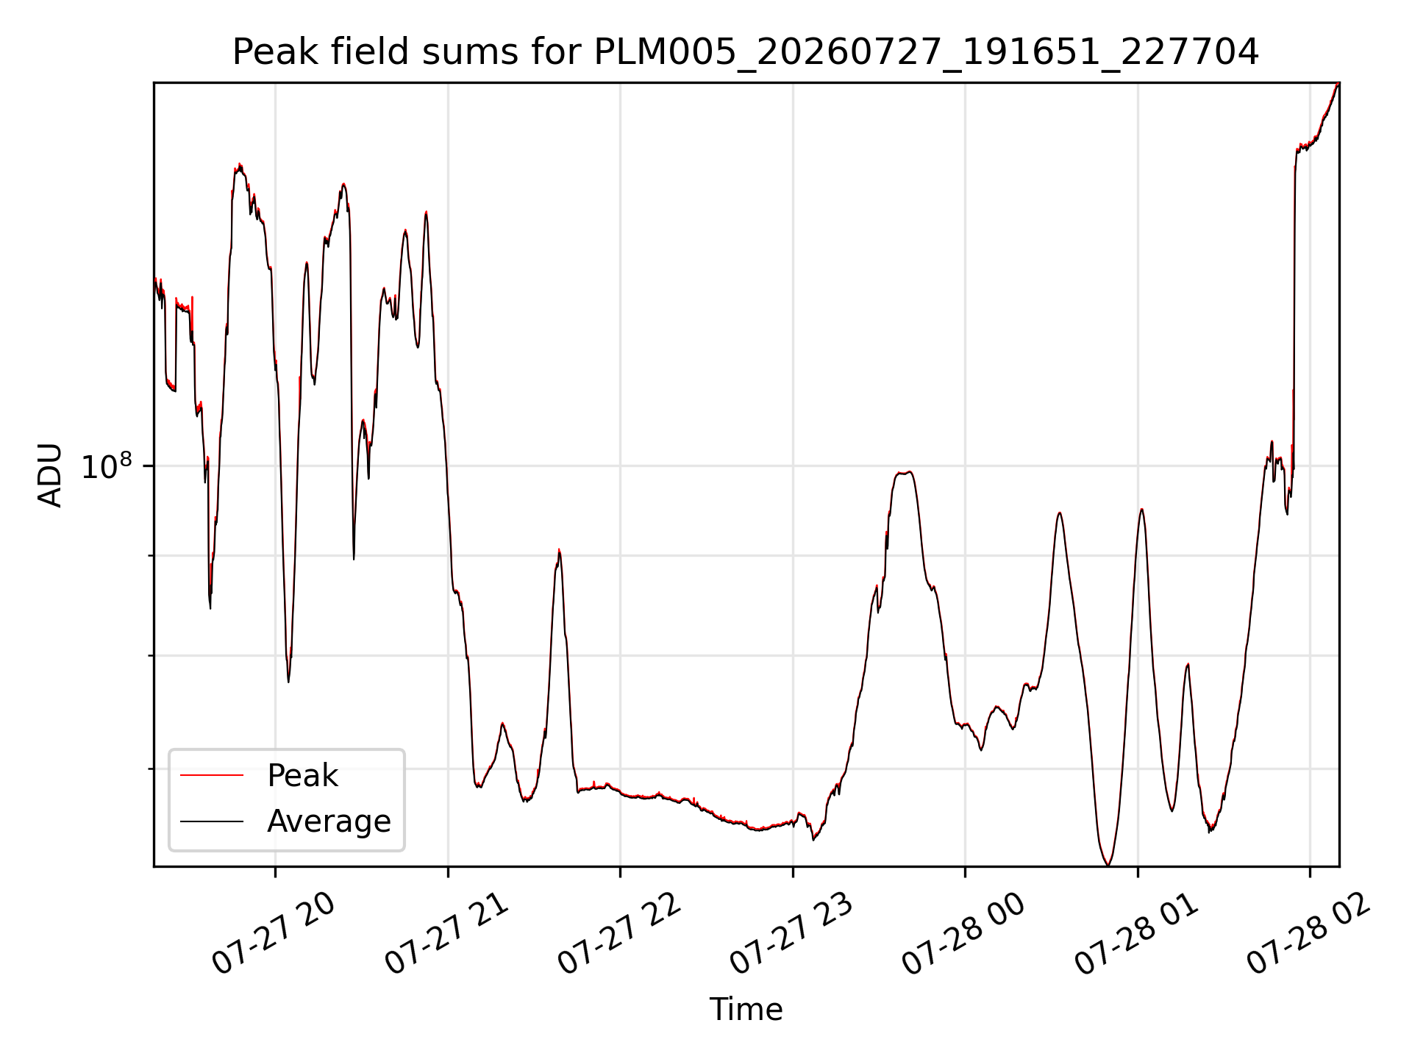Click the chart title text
[x=746, y=52]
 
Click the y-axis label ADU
[x=50, y=475]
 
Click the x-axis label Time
[x=746, y=1010]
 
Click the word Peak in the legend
[x=302, y=776]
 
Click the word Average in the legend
[x=329, y=821]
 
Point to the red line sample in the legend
[x=212, y=775]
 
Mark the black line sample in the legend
[x=212, y=821]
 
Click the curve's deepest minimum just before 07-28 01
[x=1108, y=865]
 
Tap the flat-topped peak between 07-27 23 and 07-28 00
[x=904, y=472]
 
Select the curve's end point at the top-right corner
[x=1338, y=83]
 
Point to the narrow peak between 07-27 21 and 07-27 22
[x=559, y=551]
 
